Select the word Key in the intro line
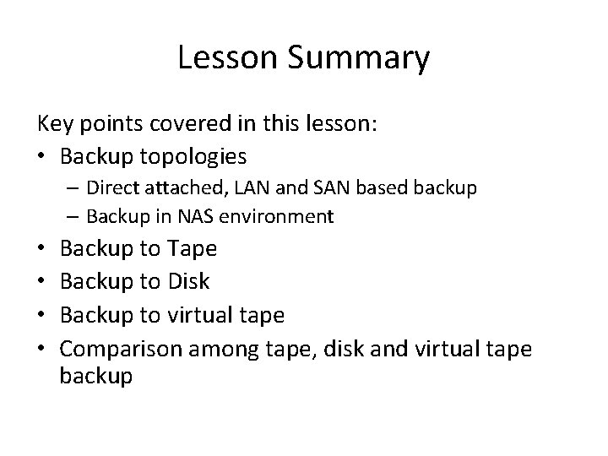53,125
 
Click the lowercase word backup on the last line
96,377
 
